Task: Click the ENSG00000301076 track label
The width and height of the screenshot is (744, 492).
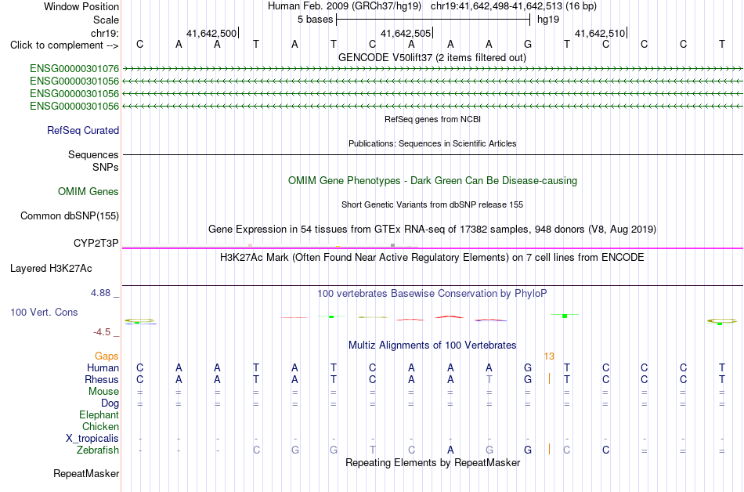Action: click(x=74, y=69)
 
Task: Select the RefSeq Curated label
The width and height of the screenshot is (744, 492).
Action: click(x=83, y=131)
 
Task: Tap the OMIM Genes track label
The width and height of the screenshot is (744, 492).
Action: click(x=88, y=192)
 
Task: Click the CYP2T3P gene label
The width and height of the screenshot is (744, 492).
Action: click(x=96, y=244)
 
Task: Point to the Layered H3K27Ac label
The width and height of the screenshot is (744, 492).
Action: click(x=51, y=269)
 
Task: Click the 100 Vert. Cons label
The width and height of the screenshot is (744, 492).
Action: click(x=44, y=312)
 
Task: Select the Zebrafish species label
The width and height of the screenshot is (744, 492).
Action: click(x=98, y=450)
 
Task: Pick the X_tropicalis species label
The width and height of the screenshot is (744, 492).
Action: click(x=92, y=439)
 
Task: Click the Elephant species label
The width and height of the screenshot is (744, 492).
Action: click(x=99, y=414)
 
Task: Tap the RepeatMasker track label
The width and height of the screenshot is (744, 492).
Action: click(x=86, y=473)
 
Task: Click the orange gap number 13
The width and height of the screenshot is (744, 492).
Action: click(x=549, y=356)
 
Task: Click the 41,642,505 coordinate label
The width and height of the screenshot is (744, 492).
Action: click(x=406, y=34)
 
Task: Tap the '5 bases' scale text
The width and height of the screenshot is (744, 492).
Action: click(x=316, y=20)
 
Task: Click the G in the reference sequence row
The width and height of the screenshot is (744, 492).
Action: click(x=528, y=45)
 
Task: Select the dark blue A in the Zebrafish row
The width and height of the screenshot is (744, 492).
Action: click(x=450, y=450)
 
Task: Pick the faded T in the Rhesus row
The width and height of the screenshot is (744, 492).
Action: click(x=489, y=379)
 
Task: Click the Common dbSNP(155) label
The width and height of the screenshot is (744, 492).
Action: click(x=70, y=216)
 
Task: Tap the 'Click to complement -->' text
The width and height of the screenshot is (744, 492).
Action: click(x=64, y=45)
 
